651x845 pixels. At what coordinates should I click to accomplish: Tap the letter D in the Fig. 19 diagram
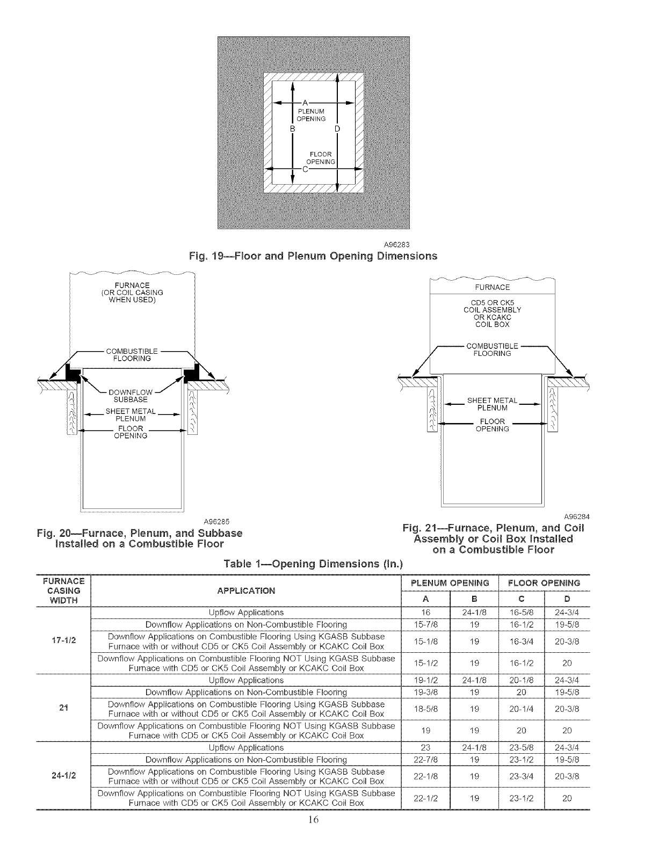[337, 129]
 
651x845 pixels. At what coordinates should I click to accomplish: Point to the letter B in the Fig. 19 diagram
[293, 129]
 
